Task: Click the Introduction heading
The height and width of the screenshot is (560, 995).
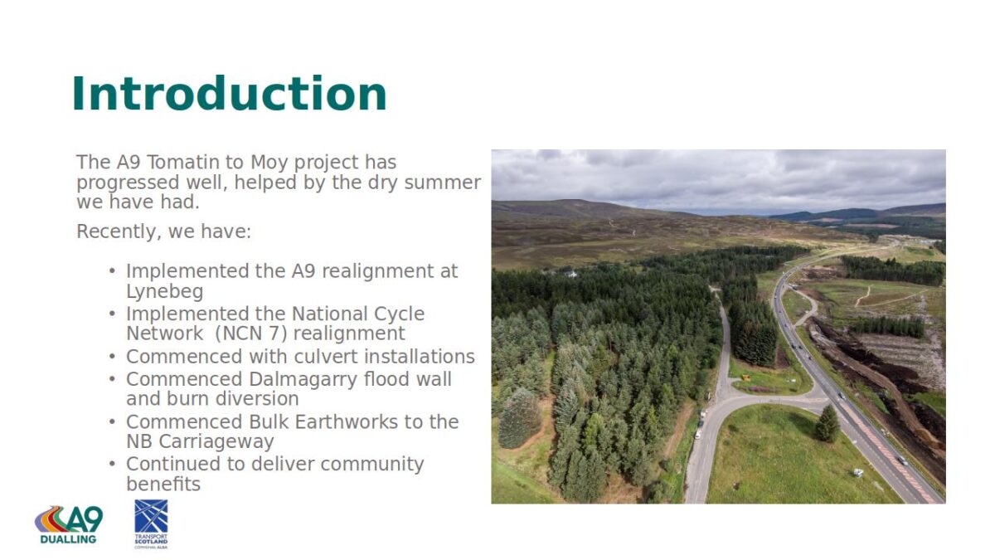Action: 229,95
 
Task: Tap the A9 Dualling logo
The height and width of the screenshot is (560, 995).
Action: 69,525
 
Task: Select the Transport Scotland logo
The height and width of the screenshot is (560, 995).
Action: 151,524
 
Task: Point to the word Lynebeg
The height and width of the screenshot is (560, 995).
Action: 165,292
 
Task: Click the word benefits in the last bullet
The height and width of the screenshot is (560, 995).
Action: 163,484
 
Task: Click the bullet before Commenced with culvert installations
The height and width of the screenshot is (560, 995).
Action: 112,357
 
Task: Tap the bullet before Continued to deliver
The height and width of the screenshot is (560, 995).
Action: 112,465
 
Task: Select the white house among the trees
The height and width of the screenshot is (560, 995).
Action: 570,275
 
